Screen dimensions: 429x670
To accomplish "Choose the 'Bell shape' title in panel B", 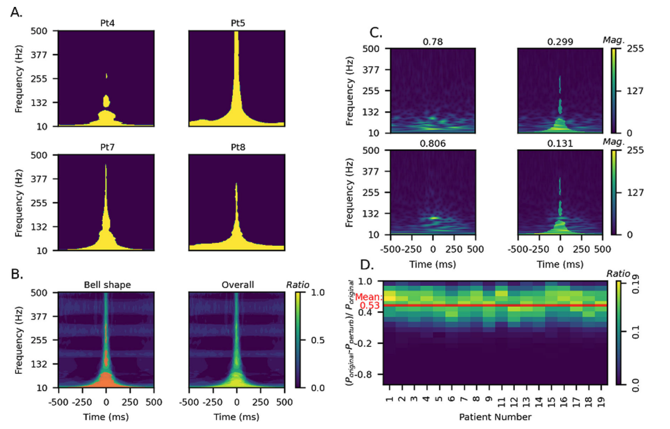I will point(106,284).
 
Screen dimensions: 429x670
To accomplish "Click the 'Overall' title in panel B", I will point(237,284).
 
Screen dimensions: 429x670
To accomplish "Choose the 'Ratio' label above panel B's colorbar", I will point(297,284).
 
